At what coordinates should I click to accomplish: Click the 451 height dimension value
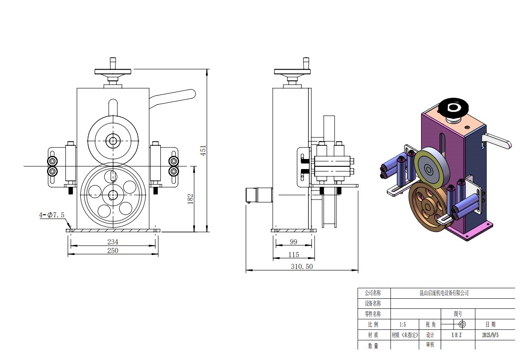coord(204,151)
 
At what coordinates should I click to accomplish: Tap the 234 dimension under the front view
coord(113,242)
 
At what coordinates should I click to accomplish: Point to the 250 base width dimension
coord(113,250)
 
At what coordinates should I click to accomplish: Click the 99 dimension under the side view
coord(294,242)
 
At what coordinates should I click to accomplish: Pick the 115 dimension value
coord(294,255)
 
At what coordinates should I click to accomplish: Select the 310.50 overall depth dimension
coord(302,267)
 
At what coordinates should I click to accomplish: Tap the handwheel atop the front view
coord(113,71)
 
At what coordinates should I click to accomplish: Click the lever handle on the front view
coord(174,96)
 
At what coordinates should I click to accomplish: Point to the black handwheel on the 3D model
coord(453,108)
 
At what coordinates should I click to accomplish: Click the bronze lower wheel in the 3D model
coord(427,206)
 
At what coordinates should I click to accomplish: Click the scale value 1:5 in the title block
coord(402,324)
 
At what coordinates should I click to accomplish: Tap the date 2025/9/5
coord(490,335)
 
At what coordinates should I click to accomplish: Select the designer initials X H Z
coord(457,335)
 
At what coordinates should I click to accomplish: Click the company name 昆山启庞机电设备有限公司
coord(444,293)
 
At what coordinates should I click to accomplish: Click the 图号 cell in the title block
coord(458,314)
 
